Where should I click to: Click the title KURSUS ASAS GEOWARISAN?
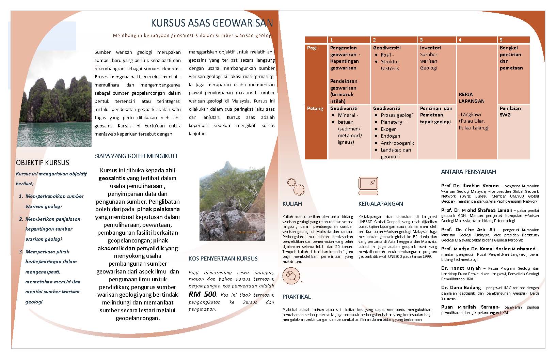pyautogui.click(x=212, y=23)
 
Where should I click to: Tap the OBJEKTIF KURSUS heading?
pyautogui.click(x=43, y=163)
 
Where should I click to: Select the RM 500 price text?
pyautogui.click(x=203, y=294)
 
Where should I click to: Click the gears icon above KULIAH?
pyautogui.click(x=296, y=187)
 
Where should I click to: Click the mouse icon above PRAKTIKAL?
pyautogui.click(x=291, y=276)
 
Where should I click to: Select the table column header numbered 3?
pyautogui.click(x=421, y=40)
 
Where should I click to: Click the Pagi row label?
pyautogui.click(x=312, y=48)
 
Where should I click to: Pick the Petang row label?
pyautogui.click(x=315, y=109)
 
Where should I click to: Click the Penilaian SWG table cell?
pyautogui.click(x=510, y=112)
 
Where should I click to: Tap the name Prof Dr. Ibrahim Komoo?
pyautogui.click(x=470, y=186)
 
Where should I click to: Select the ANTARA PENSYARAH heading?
pyautogui.click(x=468, y=172)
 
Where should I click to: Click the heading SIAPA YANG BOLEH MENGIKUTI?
pyautogui.click(x=136, y=156)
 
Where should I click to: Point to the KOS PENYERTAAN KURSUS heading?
pyautogui.click(x=223, y=259)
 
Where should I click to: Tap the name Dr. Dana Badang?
pyautogui.click(x=461, y=287)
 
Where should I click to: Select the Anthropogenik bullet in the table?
pyautogui.click(x=397, y=143)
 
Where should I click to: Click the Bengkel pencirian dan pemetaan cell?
pyautogui.click(x=510, y=58)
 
